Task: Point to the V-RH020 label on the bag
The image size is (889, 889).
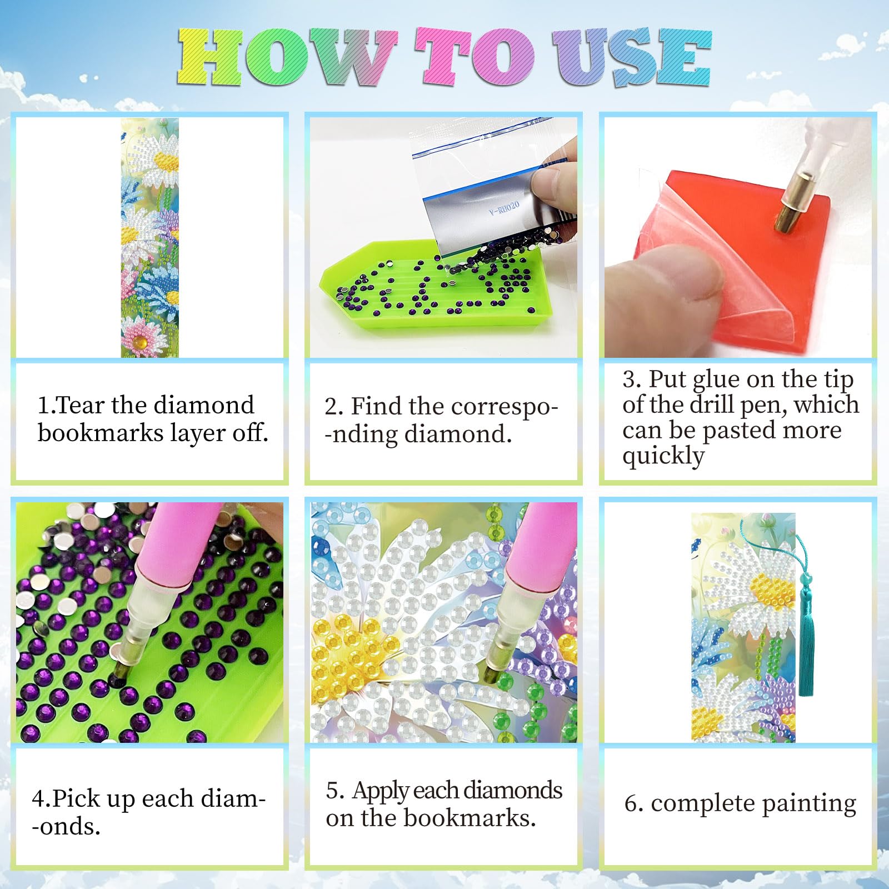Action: pyautogui.click(x=504, y=208)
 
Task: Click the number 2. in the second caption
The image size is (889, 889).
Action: pyautogui.click(x=334, y=407)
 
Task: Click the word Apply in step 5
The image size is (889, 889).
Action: pyautogui.click(x=383, y=791)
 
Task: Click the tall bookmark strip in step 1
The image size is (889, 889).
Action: pyautogui.click(x=150, y=238)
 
